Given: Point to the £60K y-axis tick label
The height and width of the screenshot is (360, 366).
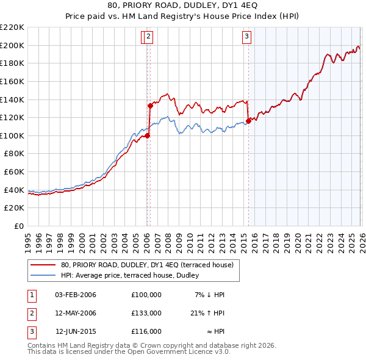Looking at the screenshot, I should coord(14,172).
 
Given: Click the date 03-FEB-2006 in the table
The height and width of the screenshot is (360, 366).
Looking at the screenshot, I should coord(76,295).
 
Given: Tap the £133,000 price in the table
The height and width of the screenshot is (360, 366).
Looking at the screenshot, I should coord(146,313).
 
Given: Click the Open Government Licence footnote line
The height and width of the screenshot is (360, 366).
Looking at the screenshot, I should coord(129,352).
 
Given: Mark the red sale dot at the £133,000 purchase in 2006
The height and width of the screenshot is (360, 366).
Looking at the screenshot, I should coord(149,105).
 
